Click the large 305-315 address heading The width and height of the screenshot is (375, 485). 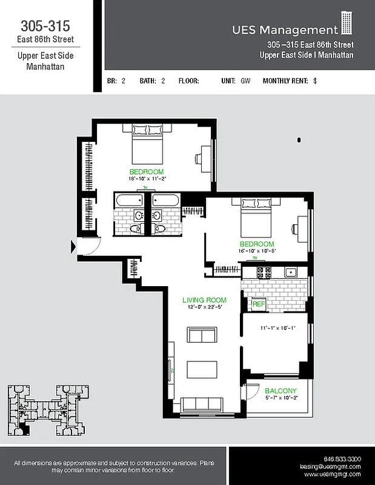45,26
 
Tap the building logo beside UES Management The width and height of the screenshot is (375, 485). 346,24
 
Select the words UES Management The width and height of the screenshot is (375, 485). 285,30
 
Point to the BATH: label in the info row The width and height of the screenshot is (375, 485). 148,80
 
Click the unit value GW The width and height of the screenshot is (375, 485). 245,80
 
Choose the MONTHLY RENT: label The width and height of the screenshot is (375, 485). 285,80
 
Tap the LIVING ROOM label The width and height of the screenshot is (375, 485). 204,300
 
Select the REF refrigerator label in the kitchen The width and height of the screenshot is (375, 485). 259,304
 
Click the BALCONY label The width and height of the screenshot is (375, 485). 280,390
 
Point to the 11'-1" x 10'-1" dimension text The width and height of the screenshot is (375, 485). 277,328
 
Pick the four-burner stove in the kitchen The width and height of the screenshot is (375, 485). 264,272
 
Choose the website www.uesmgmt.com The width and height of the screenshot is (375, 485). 333,475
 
